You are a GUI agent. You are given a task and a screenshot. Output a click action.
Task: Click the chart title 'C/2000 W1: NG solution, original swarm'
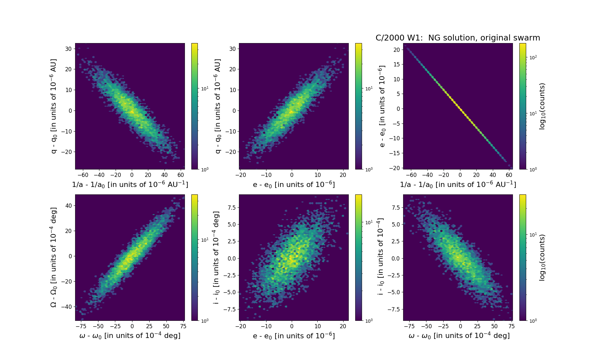coord(458,38)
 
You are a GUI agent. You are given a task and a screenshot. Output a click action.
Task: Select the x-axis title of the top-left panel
coord(130,184)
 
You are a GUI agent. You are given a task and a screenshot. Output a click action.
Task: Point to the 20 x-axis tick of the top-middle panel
coord(343,175)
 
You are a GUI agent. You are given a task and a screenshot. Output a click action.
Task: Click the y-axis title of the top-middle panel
coord(218,106)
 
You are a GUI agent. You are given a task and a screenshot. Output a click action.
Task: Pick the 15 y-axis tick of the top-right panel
coord(396,64)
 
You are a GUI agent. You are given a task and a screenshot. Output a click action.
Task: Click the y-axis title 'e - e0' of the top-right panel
coord(382,106)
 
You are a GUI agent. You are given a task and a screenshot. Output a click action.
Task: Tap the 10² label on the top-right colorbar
coord(533,57)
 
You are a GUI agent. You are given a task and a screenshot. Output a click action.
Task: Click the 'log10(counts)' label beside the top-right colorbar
coord(542,106)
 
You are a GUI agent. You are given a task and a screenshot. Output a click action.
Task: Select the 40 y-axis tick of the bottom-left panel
coord(68,205)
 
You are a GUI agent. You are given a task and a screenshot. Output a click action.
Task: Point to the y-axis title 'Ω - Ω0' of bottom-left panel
coord(54,257)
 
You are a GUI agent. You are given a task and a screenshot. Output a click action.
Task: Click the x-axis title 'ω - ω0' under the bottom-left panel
coord(130,336)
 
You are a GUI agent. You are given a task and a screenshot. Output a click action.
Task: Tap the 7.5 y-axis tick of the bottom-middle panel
coord(231,207)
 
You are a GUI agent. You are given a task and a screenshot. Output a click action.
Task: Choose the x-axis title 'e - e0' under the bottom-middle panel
coord(294,336)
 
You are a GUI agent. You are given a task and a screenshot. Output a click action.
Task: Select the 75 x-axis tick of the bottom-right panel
coord(511,326)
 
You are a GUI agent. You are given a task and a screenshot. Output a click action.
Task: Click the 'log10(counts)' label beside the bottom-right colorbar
coord(542,257)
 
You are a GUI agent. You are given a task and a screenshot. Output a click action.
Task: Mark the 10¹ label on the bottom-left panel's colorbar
coord(205,240)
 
